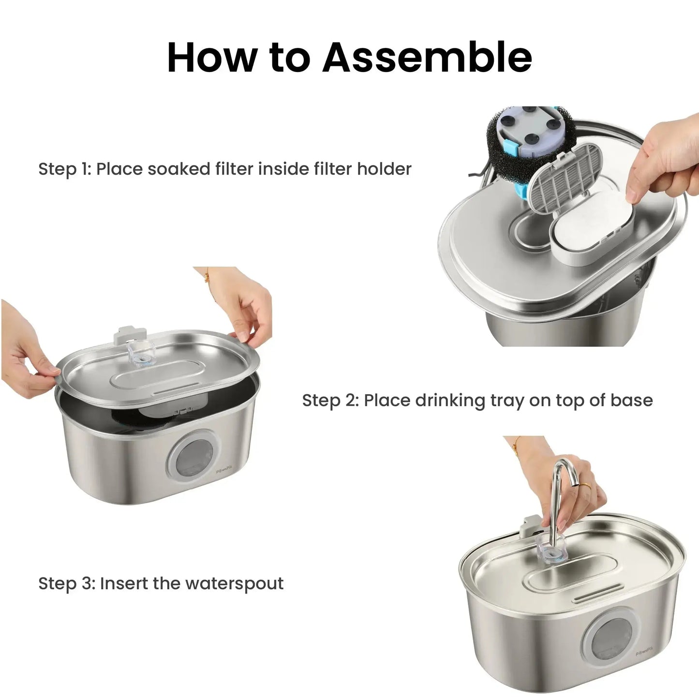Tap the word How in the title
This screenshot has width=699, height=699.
click(x=211, y=58)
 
